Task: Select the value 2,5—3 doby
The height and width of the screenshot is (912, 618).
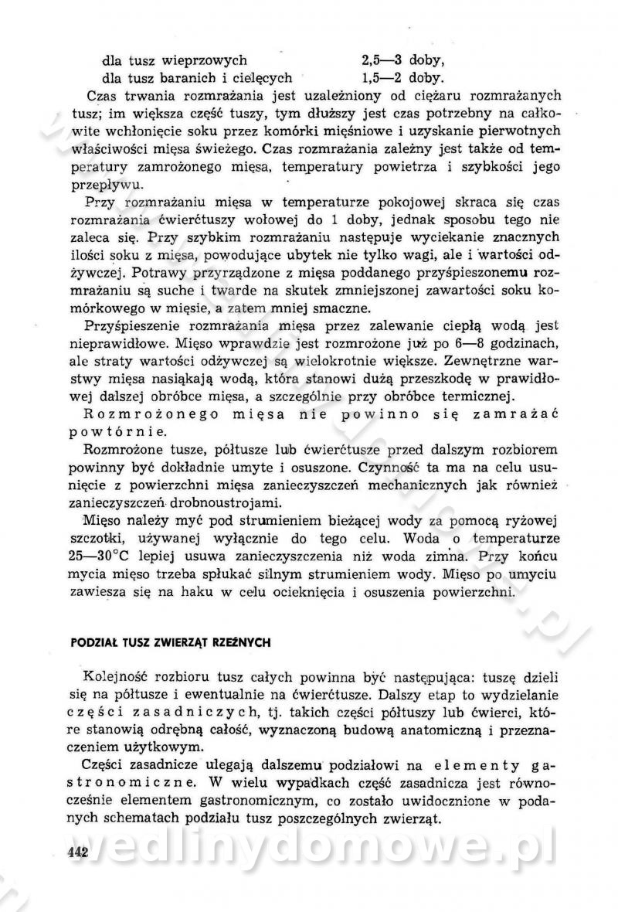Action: (403, 60)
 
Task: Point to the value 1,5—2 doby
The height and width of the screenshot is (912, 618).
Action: (403, 77)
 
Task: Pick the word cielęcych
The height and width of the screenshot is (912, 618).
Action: (260, 77)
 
